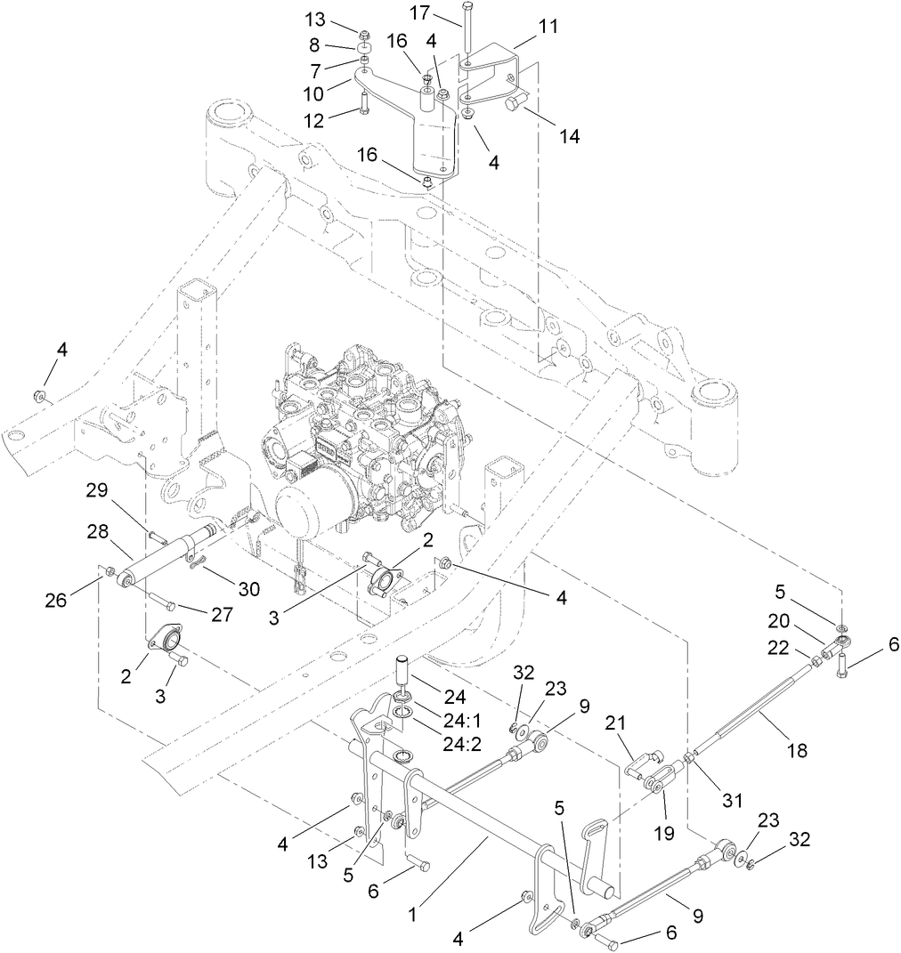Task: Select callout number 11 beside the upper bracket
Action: pos(548,27)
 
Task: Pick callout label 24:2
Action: pos(459,744)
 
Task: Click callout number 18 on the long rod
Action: pos(797,750)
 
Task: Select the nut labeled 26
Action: pos(110,570)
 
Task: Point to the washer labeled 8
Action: pos(366,46)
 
